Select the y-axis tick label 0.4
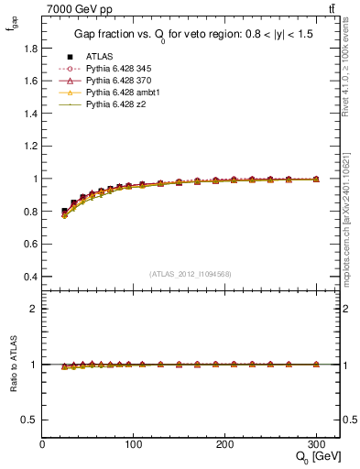coord(29,277)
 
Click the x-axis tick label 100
coord(134,443)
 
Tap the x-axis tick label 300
coord(317,443)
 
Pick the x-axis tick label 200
coord(225,443)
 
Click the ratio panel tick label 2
coord(34,309)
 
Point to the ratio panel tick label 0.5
coord(29,420)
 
